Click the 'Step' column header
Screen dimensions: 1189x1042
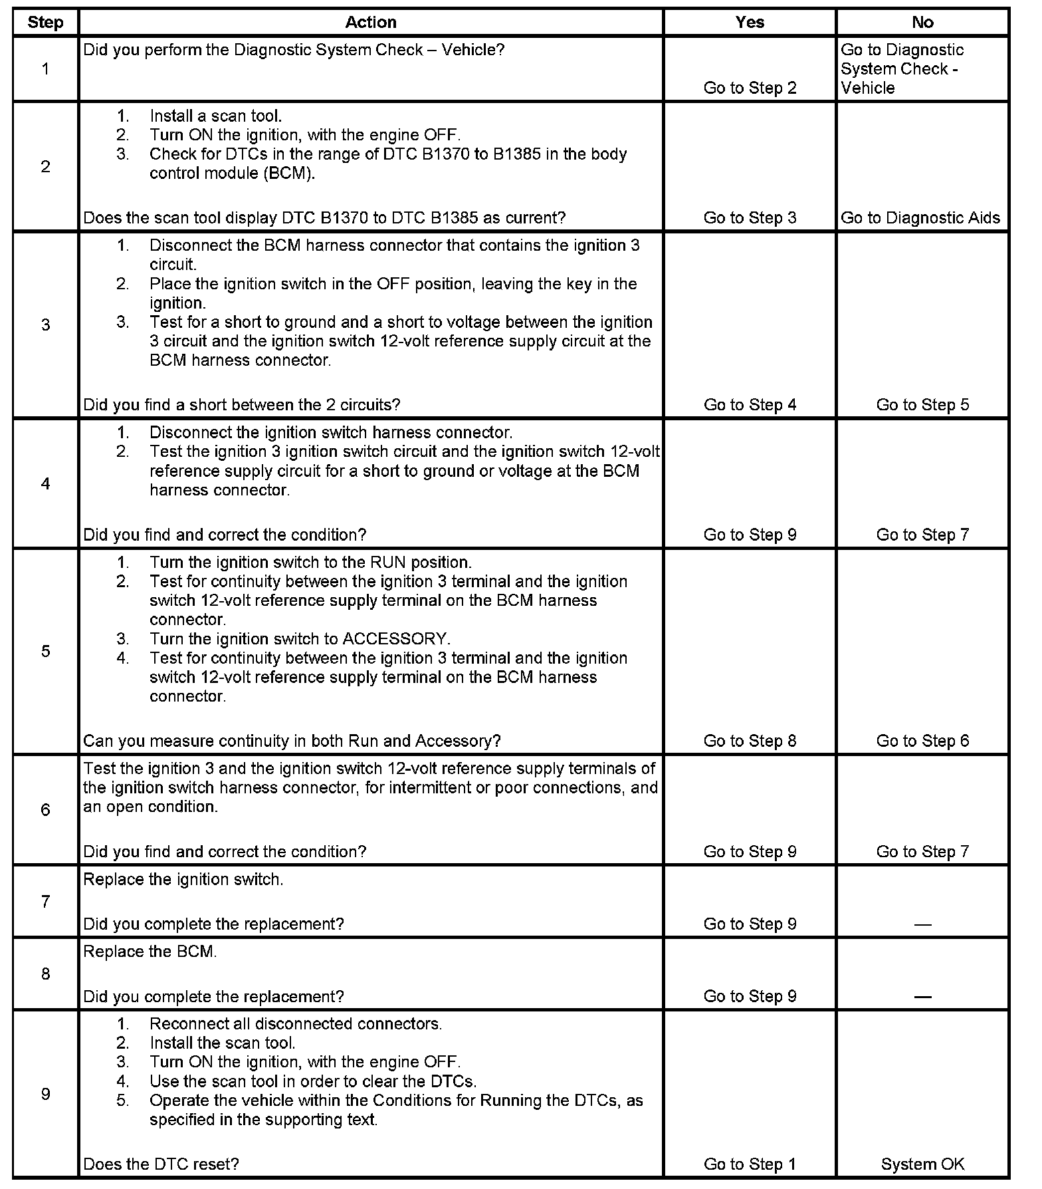(x=45, y=23)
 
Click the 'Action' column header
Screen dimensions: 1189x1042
(x=371, y=23)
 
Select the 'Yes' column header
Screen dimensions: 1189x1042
(x=750, y=23)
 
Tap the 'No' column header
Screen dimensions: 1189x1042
(x=922, y=23)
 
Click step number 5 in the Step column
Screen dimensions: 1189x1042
(x=45, y=650)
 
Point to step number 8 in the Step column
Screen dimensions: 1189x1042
(x=45, y=974)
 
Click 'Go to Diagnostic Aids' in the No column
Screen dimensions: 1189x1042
(x=920, y=217)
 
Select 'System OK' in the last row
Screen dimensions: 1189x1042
(x=922, y=1164)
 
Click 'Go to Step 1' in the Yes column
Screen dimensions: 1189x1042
(x=750, y=1164)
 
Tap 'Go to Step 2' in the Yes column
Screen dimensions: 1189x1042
(x=750, y=88)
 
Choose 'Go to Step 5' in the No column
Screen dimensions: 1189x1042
(x=922, y=404)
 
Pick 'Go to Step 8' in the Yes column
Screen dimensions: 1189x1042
(x=750, y=741)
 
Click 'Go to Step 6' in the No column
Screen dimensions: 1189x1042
(x=922, y=741)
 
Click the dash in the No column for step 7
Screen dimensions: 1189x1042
(x=922, y=924)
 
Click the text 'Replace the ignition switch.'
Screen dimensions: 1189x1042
(x=183, y=879)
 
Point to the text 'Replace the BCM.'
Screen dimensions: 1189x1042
(x=150, y=952)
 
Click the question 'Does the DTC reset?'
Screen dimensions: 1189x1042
(x=161, y=1164)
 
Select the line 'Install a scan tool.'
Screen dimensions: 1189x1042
(x=215, y=116)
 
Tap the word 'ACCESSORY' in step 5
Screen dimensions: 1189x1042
(x=395, y=639)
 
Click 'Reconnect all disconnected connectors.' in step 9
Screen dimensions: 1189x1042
(x=296, y=1023)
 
